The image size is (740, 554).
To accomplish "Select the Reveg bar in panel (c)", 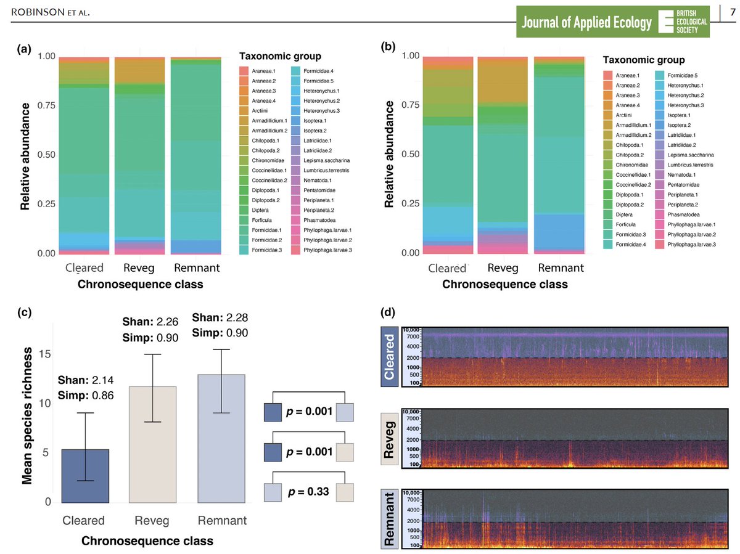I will tap(152, 444).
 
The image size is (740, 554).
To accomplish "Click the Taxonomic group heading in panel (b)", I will tap(643, 60).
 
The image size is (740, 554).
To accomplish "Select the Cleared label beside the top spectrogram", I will tap(388, 357).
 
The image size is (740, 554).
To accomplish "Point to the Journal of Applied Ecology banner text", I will tap(586, 23).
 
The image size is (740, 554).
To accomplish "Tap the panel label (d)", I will tap(388, 312).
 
